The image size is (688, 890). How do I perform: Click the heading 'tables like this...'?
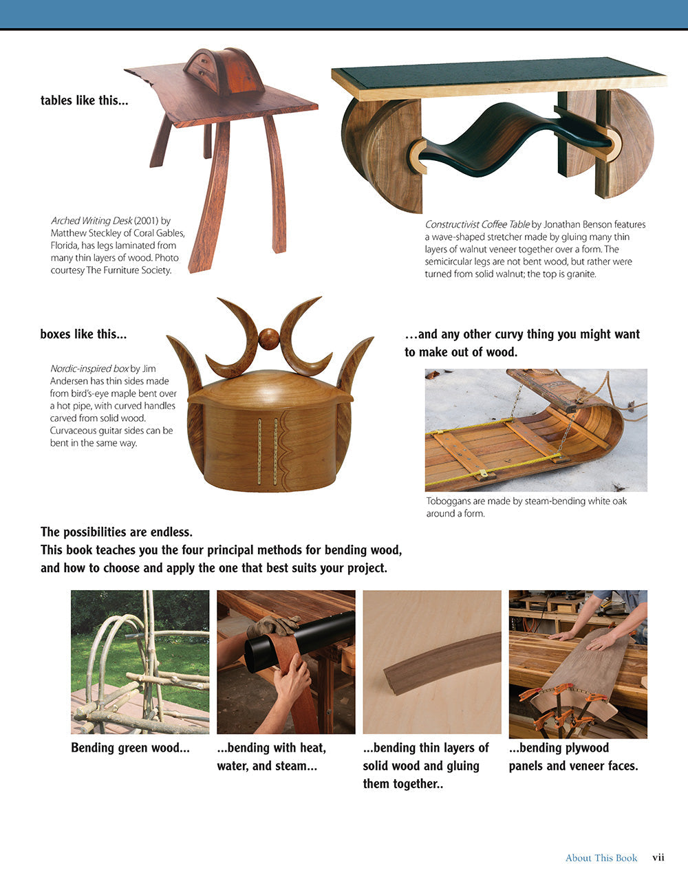[84, 100]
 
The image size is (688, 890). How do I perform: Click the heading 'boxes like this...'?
[83, 334]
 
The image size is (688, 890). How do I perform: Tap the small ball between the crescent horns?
[269, 338]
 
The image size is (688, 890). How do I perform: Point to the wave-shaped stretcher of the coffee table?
[509, 138]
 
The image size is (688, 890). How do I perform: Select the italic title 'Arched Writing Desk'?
[92, 221]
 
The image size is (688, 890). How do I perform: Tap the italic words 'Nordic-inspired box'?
[89, 369]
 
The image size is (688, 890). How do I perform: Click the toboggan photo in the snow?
[535, 430]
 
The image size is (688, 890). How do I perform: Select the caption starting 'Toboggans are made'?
[526, 507]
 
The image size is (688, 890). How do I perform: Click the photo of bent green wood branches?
[140, 662]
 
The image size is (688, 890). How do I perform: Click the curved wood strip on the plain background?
[440, 662]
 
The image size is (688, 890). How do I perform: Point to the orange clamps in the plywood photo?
[564, 712]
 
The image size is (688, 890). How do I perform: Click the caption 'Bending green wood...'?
[130, 748]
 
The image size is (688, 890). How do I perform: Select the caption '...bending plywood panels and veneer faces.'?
[572, 757]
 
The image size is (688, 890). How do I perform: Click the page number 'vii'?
[658, 857]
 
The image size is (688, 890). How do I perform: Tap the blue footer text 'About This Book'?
[601, 858]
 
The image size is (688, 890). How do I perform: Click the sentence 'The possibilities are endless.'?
[116, 532]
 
